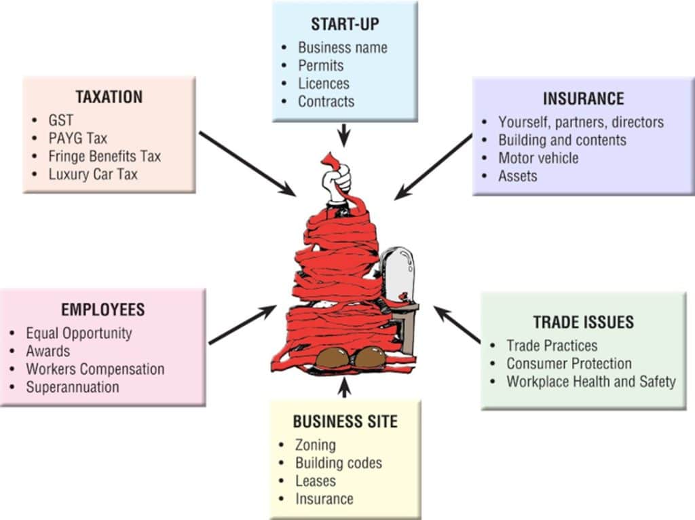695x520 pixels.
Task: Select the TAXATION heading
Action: click(109, 97)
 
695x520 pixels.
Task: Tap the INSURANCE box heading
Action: click(583, 99)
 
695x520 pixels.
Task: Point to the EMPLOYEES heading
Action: click(102, 310)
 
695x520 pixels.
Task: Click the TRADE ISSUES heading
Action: click(583, 322)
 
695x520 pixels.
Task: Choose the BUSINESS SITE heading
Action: click(345, 422)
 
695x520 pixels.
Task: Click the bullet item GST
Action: click(60, 121)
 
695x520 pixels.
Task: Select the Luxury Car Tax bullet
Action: click(93, 174)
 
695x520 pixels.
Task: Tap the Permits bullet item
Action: click(320, 66)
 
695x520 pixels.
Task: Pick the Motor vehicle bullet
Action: click(538, 158)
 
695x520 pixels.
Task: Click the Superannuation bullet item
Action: click(73, 387)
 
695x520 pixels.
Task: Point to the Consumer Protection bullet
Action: click(569, 363)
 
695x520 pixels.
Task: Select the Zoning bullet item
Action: click(315, 445)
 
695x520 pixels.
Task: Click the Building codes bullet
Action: click(338, 463)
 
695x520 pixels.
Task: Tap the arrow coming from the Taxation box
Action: click(247, 164)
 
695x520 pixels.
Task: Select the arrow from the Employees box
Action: click(242, 325)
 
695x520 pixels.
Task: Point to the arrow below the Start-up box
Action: click(344, 134)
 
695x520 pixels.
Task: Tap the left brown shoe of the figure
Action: click(331, 358)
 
